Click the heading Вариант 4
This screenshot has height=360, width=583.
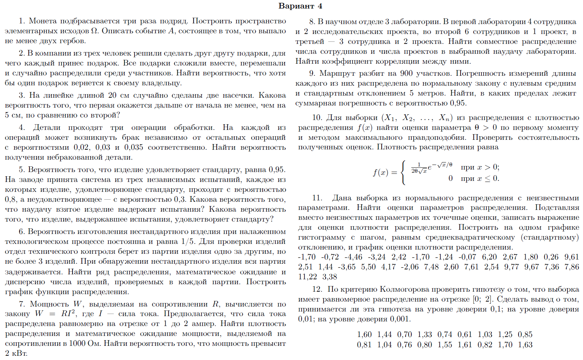click(300, 6)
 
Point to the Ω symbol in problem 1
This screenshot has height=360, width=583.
click(94, 31)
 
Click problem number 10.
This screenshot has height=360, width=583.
click(317, 118)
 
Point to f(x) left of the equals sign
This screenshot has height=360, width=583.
click(380, 173)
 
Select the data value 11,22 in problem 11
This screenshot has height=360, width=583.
click(307, 277)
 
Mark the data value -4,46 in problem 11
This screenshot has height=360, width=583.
click(353, 257)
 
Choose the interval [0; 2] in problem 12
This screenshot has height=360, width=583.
click(482, 299)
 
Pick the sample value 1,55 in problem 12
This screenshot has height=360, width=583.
click(445, 344)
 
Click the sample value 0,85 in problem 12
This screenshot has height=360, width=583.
click(525, 335)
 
